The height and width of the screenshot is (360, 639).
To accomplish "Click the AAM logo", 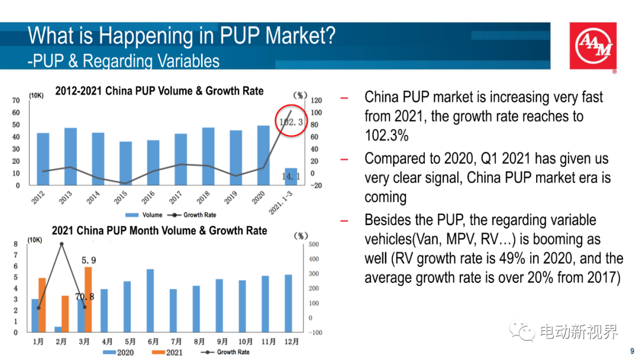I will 593,47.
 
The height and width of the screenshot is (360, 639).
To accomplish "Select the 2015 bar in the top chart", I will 125,163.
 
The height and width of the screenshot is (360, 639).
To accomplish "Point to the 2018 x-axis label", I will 204,197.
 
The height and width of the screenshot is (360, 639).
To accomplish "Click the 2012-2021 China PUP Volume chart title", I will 159,91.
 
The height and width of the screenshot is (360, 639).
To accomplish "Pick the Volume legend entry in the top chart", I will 144,215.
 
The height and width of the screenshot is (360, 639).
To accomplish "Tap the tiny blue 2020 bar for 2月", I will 58,329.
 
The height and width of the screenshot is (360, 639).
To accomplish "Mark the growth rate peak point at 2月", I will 62,244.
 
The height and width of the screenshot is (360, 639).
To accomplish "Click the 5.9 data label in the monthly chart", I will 89,260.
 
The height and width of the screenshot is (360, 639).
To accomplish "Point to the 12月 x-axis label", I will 291,342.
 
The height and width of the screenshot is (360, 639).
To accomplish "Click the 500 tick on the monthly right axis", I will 314,245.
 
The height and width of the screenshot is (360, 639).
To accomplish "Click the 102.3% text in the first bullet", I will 386,136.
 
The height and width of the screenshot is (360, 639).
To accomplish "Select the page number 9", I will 632,351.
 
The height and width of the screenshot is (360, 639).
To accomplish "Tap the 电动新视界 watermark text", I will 579,332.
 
